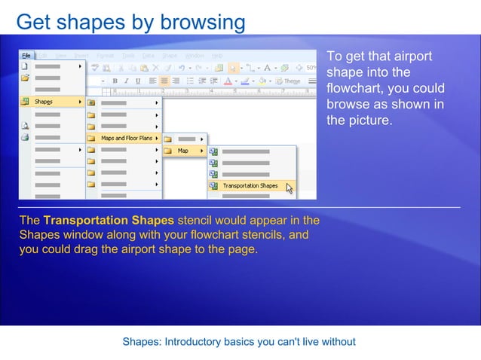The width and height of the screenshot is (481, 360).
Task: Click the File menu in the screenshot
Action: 26,56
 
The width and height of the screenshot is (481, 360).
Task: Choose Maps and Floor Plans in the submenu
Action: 126,138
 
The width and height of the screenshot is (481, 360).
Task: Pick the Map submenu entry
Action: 183,151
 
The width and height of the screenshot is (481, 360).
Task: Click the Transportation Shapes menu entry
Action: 250,185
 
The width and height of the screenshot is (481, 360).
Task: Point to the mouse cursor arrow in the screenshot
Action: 290,188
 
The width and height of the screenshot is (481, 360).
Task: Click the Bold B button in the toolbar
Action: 115,81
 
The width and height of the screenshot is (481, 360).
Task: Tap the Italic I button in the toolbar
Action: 127,81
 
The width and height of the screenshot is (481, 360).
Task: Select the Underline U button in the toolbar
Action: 137,81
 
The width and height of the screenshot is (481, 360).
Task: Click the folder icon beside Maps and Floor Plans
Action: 92,138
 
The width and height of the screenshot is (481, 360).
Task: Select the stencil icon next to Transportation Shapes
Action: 214,185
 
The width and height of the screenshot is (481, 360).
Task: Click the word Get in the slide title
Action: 32,22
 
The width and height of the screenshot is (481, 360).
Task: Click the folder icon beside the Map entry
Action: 169,151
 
